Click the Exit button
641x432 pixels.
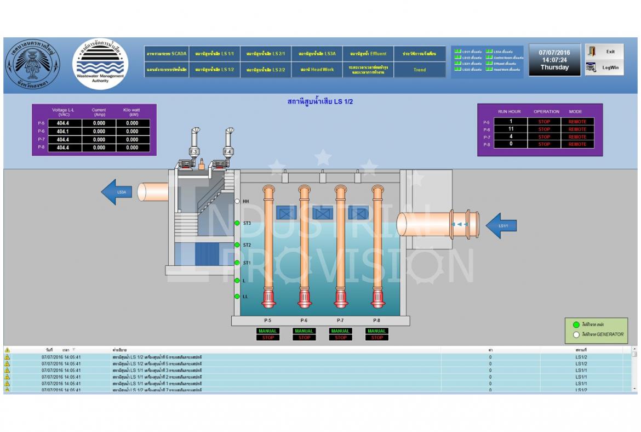[604, 52]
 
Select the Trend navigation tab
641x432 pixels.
[420, 70]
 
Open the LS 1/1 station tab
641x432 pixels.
[214, 54]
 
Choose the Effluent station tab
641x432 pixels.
[368, 54]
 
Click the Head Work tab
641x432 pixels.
[317, 70]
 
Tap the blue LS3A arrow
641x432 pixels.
[117, 192]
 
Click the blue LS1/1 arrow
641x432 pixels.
[501, 225]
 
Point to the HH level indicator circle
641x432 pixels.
[237, 201]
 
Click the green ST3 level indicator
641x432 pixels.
[237, 223]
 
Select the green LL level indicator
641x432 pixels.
[237, 297]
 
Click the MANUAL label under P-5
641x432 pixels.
[268, 331]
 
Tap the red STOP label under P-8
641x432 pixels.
[377, 338]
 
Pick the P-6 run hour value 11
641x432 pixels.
[511, 129]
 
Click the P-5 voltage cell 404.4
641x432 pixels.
[64, 123]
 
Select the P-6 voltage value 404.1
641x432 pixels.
[64, 132]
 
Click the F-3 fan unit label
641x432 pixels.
[193, 152]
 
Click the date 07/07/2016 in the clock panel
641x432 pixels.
[554, 53]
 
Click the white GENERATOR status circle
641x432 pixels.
[576, 334]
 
